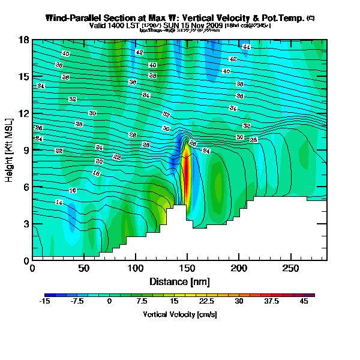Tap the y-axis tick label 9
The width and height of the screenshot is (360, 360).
(26, 151)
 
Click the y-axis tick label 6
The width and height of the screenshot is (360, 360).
(26, 187)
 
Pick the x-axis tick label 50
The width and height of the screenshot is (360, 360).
(84, 270)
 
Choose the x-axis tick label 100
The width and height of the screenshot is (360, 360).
(136, 270)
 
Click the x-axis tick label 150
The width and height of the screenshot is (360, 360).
(187, 270)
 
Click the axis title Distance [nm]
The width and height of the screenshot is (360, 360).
(179, 281)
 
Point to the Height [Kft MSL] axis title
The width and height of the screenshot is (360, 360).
(10, 151)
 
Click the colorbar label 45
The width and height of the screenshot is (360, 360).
(304, 302)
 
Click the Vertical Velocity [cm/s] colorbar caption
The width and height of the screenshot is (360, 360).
(179, 314)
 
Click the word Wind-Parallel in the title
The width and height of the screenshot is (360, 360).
(74, 19)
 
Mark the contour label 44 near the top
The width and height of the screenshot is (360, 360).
(246, 47)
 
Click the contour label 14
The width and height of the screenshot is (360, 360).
(59, 202)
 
